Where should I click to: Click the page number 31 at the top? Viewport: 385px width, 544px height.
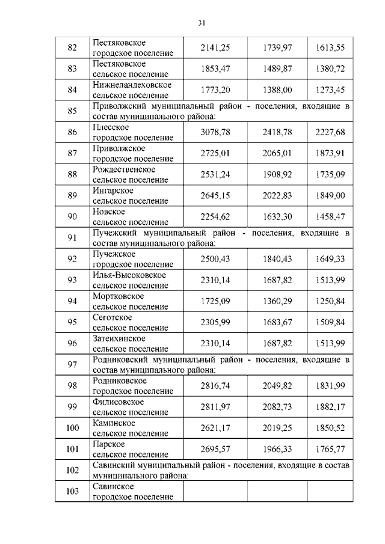coord(202,23)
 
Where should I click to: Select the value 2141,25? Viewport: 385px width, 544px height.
coord(215,47)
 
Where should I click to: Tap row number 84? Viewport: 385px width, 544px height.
coord(73,90)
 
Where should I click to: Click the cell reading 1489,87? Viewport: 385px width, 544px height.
coord(277,69)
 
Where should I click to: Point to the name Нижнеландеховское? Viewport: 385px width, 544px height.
coord(132,85)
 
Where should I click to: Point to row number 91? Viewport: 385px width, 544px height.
coord(73,237)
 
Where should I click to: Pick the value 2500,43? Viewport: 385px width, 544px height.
coord(215,259)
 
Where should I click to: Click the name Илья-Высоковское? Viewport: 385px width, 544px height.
coord(129,275)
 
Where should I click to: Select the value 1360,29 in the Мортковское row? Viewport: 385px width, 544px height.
coord(277,301)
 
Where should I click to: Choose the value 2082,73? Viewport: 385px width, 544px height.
coord(277,407)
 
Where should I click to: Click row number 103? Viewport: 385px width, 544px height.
coord(73,491)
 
